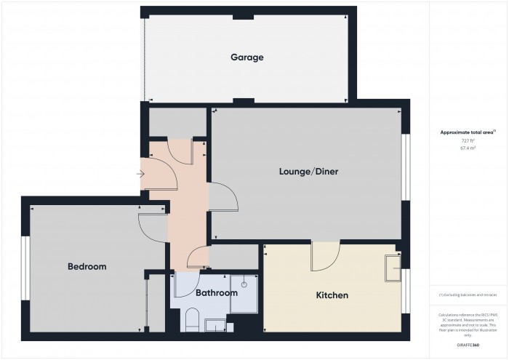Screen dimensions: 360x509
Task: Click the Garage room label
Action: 247,57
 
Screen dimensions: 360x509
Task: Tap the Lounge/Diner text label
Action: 309,172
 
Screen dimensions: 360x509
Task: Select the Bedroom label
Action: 87,267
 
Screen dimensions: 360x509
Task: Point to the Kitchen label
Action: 332,295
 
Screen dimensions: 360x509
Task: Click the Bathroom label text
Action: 216,293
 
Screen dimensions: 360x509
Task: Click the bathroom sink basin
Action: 216,325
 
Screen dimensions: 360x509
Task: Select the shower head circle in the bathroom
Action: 245,284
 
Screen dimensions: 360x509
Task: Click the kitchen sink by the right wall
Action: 393,267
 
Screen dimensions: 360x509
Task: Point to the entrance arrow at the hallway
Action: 140,173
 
